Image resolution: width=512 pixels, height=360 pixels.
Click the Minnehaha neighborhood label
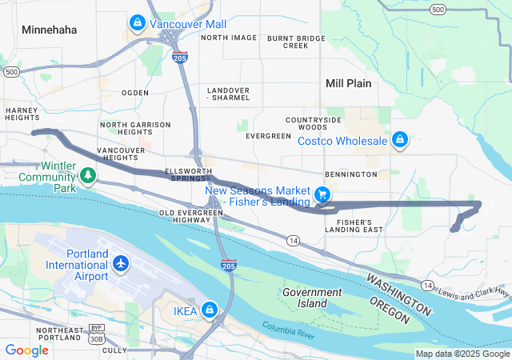pyautogui.click(x=50, y=30)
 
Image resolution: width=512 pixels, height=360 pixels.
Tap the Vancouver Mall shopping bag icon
pyautogui.click(x=138, y=23)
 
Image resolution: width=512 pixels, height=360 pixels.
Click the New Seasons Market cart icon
pyautogui.click(x=322, y=194)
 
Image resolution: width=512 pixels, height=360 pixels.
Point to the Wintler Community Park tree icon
pyautogui.click(x=86, y=174)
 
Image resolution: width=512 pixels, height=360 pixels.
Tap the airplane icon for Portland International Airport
pyautogui.click(x=120, y=263)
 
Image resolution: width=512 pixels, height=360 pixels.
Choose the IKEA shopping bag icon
pyautogui.click(x=208, y=309)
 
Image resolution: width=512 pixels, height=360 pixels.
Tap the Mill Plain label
pyautogui.click(x=350, y=83)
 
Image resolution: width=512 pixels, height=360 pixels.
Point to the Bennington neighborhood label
pyautogui.click(x=350, y=174)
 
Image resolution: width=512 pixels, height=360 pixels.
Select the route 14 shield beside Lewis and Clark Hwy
pyautogui.click(x=429, y=286)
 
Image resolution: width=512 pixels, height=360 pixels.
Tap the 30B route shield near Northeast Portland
pyautogui.click(x=96, y=339)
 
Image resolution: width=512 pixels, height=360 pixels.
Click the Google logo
pyautogui.click(x=26, y=350)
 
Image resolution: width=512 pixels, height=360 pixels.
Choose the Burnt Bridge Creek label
pyautogui.click(x=296, y=42)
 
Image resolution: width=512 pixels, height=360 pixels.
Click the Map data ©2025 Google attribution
pyautogui.click(x=462, y=354)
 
